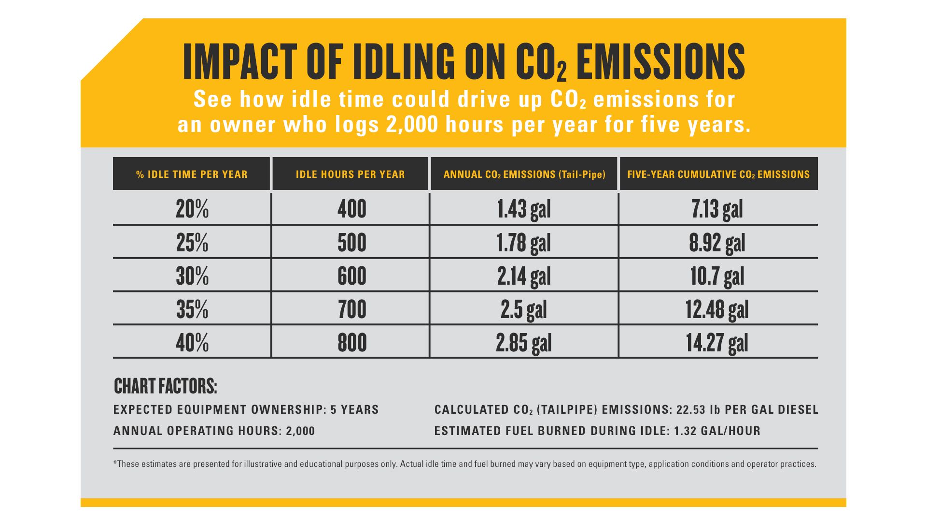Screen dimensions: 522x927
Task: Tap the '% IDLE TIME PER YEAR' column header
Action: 192,174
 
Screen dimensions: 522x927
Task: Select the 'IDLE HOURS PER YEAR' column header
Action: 350,174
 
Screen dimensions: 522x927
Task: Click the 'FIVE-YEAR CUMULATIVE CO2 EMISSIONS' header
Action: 718,174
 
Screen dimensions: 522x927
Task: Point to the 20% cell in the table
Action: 192,209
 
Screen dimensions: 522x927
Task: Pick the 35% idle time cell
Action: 192,309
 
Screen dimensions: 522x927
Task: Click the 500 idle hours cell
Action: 351,243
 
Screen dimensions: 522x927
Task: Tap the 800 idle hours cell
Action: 351,343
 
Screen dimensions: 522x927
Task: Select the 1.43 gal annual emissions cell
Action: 524,209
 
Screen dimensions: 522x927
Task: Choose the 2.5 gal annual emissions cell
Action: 524,309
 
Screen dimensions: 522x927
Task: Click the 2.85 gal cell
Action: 524,343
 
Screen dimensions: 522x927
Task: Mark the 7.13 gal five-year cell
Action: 717,209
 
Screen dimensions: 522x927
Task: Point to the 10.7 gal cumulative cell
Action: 717,276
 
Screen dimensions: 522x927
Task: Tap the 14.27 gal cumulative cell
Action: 717,343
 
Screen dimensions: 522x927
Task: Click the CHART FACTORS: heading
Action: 166,386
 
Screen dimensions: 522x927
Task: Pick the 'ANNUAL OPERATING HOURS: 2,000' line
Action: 214,431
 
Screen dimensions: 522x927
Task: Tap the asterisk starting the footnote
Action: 115,463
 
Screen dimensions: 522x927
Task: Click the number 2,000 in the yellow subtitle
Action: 412,125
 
